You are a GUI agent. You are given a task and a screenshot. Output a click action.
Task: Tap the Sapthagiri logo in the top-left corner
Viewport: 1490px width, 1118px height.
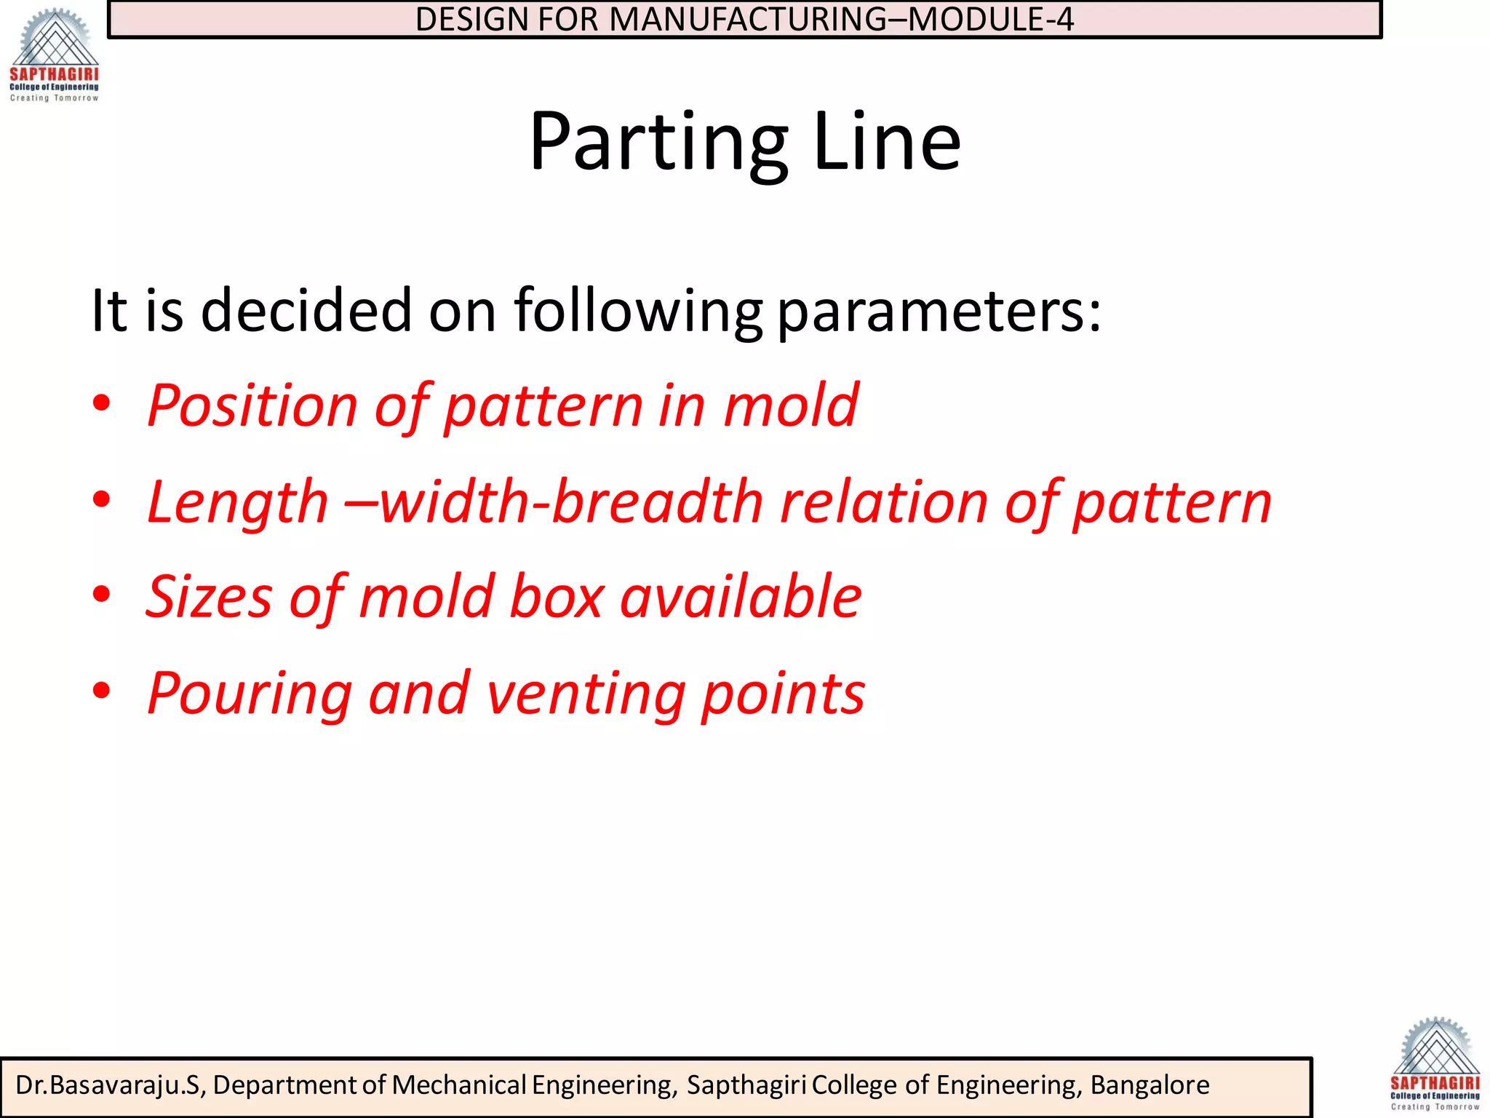click(x=54, y=55)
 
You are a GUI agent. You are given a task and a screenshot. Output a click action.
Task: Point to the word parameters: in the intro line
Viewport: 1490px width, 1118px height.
click(x=939, y=312)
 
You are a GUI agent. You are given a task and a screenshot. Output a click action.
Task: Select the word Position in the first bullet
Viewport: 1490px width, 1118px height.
click(x=252, y=406)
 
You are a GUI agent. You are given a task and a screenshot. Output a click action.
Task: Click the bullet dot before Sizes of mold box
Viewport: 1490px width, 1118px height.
click(x=102, y=594)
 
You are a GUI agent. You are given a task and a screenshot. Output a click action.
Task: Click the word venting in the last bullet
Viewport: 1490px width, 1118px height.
click(x=585, y=694)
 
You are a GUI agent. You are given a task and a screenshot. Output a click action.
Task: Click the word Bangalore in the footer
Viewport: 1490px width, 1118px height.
click(x=1150, y=1085)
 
